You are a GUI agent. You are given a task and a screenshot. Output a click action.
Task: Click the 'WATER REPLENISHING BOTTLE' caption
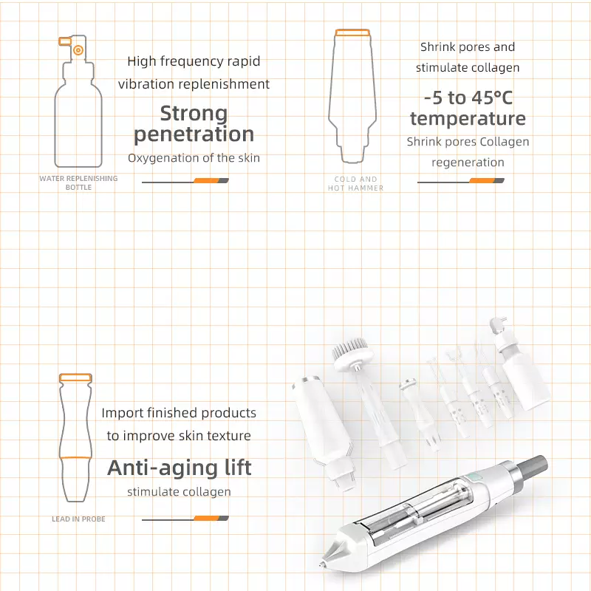point(78,182)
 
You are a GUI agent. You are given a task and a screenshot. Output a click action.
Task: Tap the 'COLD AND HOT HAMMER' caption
point(355,183)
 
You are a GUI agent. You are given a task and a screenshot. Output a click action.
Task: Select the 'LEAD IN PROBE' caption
point(78,519)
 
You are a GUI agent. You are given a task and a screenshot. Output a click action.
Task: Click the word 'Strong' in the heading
point(194,113)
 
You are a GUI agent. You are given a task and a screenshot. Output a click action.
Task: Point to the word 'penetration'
point(194,134)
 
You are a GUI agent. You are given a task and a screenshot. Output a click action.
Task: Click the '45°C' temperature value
point(492,98)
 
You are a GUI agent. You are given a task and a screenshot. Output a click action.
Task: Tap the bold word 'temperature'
point(468,118)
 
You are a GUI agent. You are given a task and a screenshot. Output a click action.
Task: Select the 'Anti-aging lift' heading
point(179,468)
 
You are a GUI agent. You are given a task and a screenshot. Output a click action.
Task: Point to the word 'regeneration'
point(468,163)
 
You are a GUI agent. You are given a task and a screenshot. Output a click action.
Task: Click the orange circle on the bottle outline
point(78,49)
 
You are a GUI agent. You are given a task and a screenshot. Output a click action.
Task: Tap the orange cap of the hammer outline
point(352,33)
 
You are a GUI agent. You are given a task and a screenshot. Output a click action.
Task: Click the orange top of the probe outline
point(75,378)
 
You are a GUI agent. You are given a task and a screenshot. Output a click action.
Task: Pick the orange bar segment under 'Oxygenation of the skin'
point(206,180)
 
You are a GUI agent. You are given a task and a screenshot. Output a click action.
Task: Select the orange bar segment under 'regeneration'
point(482,180)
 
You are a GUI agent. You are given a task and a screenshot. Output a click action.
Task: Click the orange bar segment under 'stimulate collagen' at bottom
point(206,519)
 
